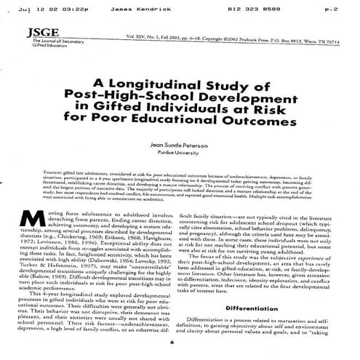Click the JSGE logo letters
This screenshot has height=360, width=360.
click(22, 33)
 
